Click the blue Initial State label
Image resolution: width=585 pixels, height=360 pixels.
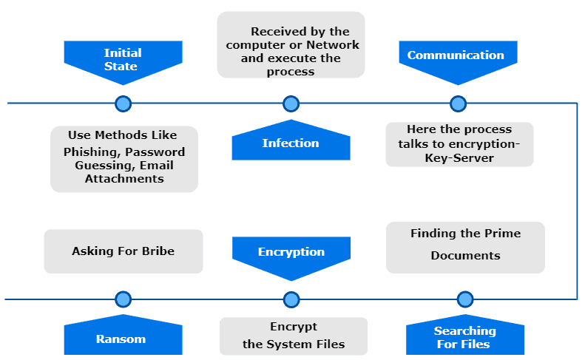(x=122, y=60)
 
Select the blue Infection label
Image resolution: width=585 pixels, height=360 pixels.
(x=291, y=143)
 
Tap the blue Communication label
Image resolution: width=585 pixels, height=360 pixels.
(x=456, y=55)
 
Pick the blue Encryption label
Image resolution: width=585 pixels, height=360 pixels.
(x=291, y=252)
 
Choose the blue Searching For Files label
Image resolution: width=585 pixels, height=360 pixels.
(x=465, y=337)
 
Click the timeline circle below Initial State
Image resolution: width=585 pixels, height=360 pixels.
(x=124, y=103)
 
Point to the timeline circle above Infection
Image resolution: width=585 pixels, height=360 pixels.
(x=291, y=103)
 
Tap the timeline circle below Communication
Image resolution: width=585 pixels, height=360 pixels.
(x=459, y=103)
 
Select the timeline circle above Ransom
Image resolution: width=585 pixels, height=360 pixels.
(x=124, y=299)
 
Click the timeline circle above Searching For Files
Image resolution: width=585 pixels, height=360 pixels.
(x=465, y=299)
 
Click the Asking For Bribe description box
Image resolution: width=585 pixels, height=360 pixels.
(x=124, y=251)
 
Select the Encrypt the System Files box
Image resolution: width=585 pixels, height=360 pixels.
(x=294, y=336)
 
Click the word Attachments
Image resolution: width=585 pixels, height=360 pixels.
(x=124, y=178)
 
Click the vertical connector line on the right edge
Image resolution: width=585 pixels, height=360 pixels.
(x=577, y=200)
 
